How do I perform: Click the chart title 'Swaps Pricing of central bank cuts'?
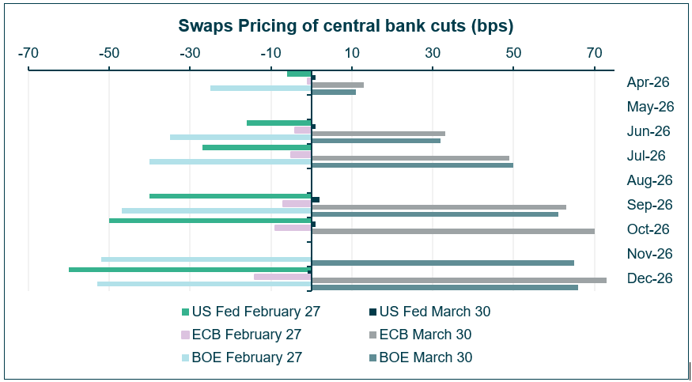[346, 26]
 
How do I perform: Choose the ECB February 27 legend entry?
[240, 335]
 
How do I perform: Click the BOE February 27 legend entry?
[241, 357]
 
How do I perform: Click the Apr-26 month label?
[648, 82]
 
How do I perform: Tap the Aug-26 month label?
[649, 180]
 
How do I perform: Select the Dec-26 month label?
[649, 278]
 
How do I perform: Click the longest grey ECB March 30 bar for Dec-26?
[459, 280]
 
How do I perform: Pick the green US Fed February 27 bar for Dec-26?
[190, 270]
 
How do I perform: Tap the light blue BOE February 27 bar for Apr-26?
[260, 88]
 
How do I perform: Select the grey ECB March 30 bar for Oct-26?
[453, 231]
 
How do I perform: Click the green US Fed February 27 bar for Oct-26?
[210, 221]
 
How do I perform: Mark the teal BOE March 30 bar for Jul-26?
[412, 165]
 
